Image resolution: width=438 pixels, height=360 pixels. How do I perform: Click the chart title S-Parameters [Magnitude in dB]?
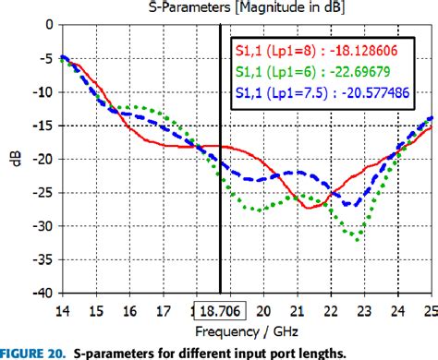[244, 8]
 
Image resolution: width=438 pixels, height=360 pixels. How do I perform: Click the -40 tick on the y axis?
[42, 293]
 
